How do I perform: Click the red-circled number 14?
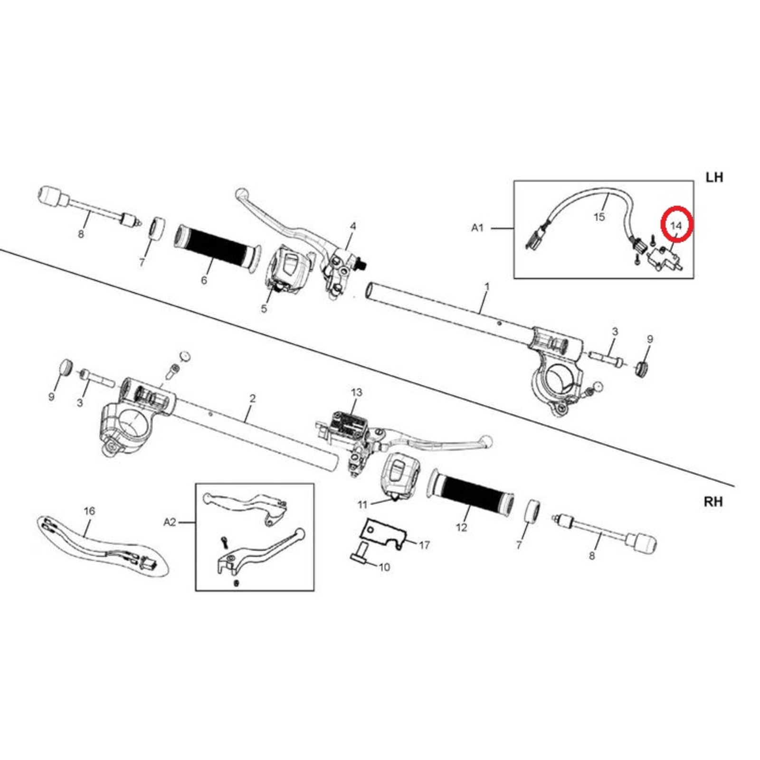point(675,226)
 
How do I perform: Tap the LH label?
point(714,178)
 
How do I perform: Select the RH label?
point(713,502)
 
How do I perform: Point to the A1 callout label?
point(477,228)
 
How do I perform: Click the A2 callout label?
point(170,522)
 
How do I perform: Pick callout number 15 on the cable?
point(599,217)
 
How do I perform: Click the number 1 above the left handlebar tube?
point(487,287)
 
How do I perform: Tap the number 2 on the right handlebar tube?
point(252,399)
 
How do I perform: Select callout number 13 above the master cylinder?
point(356,392)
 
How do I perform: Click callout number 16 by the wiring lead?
point(89,511)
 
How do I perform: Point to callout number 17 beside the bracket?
point(424,545)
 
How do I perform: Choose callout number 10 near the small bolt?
point(384,567)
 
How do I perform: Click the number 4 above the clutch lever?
point(353,227)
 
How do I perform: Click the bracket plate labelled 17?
point(383,533)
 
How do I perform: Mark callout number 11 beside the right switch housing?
point(362,504)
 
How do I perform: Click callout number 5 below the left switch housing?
point(264,309)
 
